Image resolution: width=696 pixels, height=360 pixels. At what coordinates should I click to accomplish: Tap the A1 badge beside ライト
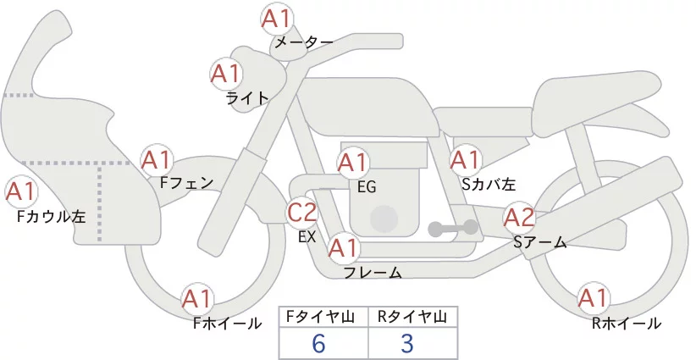[226, 74]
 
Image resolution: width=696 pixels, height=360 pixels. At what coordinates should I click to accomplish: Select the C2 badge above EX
[302, 212]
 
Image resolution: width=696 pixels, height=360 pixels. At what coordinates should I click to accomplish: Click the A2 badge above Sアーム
[519, 218]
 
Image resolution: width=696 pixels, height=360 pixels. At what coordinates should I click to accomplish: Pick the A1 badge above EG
[353, 162]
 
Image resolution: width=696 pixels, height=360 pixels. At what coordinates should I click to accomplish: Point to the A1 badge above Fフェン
[157, 159]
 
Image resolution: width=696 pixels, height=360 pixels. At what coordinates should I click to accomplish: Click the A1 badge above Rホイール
[593, 299]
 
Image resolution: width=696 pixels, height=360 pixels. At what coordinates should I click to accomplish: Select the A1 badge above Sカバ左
[465, 159]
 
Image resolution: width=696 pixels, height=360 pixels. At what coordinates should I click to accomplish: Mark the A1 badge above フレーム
[343, 249]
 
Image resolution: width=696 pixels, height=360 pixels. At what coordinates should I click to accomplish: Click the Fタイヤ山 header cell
[323, 317]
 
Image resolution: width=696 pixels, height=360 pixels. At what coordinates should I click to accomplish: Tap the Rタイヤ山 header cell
[412, 317]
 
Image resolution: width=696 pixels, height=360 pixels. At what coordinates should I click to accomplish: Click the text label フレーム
[373, 273]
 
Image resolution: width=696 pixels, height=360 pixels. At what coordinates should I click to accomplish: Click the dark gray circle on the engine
[384, 219]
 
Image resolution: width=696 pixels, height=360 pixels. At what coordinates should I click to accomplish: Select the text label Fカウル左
[52, 217]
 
